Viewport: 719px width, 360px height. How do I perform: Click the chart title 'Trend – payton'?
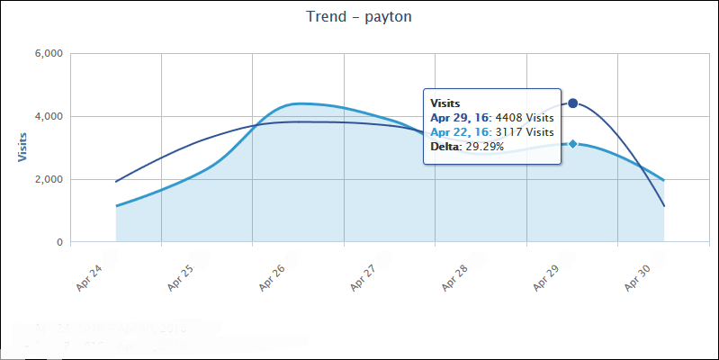(x=359, y=17)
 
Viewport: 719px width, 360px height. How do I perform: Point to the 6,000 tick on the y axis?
(x=46, y=54)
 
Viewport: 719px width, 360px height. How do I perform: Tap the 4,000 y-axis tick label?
(x=46, y=117)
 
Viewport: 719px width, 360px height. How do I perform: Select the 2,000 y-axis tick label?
(x=46, y=180)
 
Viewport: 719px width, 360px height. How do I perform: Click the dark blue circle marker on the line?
(x=572, y=103)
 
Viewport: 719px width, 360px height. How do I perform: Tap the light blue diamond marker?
(x=572, y=144)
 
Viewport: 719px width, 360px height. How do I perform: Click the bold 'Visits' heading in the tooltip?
(x=445, y=103)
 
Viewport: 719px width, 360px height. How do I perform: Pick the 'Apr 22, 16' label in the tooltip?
(x=460, y=132)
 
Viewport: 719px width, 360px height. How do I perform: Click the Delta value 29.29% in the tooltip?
(x=484, y=147)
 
